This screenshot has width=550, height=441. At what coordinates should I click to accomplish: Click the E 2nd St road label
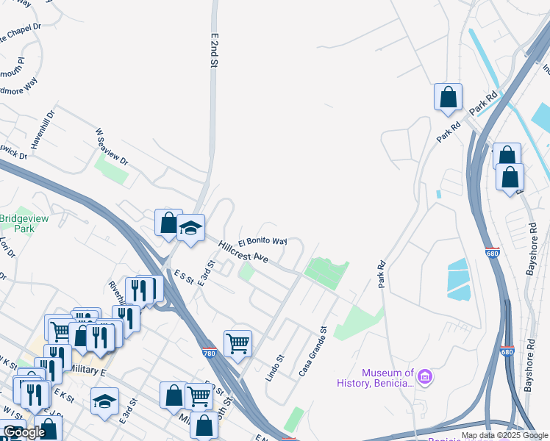215,51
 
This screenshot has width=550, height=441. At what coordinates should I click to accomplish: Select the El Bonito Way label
262,240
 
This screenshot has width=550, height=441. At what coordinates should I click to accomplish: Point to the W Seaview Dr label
112,147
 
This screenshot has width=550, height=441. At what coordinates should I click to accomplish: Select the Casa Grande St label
312,352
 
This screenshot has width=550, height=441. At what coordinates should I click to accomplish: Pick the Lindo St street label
274,367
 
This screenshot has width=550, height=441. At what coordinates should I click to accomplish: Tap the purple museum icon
426,377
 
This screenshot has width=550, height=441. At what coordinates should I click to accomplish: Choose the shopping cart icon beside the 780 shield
238,343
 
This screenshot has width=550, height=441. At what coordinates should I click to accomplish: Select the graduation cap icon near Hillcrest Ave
190,229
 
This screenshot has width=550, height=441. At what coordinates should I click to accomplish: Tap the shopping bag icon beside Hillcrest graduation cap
168,223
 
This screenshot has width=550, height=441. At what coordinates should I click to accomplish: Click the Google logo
24,432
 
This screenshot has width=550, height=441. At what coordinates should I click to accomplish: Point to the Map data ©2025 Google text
504,435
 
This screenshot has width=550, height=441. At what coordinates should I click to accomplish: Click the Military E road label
90,373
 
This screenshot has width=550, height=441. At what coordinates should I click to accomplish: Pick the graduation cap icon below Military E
104,401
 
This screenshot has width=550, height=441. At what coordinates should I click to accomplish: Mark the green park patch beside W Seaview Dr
111,169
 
